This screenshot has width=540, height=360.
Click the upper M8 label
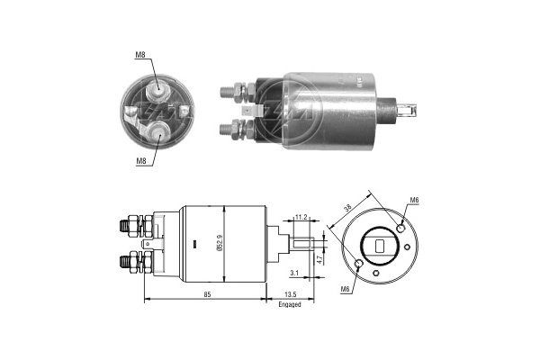pyautogui.click(x=141, y=56)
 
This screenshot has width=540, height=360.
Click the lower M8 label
pyautogui.click(x=141, y=161)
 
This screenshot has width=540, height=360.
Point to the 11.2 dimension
pyautogui.click(x=301, y=217)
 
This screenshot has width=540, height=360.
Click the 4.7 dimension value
pyautogui.click(x=321, y=258)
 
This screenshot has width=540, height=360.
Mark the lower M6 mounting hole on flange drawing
pyautogui.click(x=361, y=265)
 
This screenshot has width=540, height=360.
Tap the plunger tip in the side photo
pyautogui.click(x=411, y=112)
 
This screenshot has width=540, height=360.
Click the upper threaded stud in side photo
pyautogui.click(x=232, y=90)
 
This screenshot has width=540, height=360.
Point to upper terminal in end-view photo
pyautogui.click(x=157, y=87)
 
